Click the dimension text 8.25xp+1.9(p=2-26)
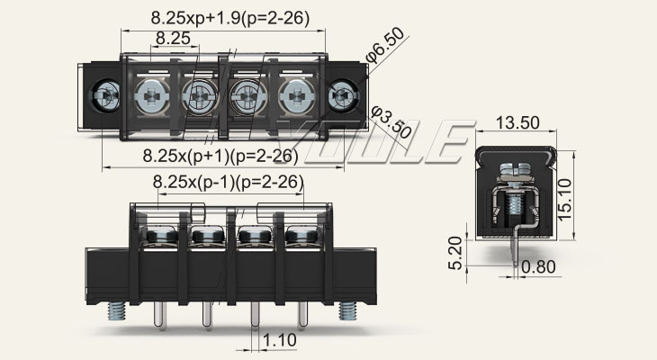[x=220, y=16]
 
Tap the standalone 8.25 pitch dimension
[x=172, y=38]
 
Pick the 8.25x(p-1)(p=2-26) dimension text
[x=228, y=183]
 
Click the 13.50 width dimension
[x=517, y=122]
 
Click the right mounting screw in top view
[x=343, y=93]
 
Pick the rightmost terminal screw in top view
[x=294, y=93]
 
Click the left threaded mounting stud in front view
[x=117, y=310]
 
